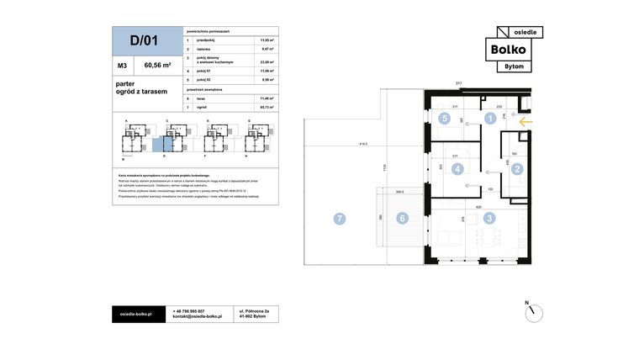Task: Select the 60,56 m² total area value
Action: click(158, 65)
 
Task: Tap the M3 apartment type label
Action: click(123, 65)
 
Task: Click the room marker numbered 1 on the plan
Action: click(489, 119)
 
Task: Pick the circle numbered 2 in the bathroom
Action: click(518, 169)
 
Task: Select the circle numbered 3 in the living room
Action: click(489, 218)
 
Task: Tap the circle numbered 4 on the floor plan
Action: click(457, 169)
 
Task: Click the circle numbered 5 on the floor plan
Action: click(444, 119)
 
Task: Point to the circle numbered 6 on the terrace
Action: click(402, 219)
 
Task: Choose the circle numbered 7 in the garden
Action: click(339, 219)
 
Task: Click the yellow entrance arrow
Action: click(526, 122)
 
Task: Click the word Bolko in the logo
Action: click(510, 49)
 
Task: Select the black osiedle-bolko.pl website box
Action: click(136, 314)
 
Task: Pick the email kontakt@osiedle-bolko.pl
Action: click(198, 317)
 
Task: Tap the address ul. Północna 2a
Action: click(255, 310)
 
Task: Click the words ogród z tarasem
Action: click(141, 91)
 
